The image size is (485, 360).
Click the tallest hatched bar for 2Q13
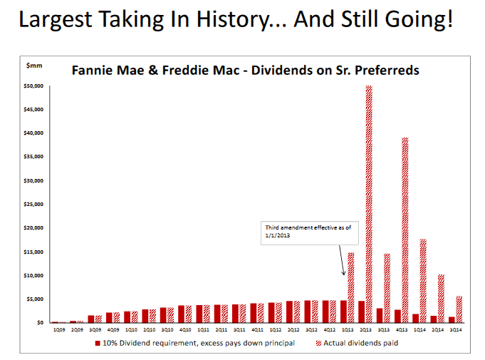tap(369, 204)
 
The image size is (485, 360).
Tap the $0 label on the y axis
tap(41, 323)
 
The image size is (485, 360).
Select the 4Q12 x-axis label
tap(329, 331)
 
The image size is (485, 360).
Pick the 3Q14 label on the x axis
tap(456, 331)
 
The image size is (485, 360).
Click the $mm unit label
tap(33, 66)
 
